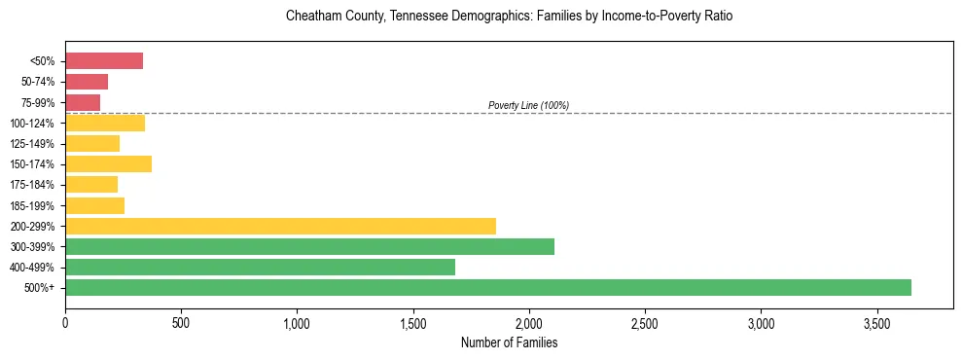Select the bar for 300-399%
coord(309,246)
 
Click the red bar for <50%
coord(104,61)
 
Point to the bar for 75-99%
coord(83,102)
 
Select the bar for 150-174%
coord(108,163)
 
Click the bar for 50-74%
coord(87,82)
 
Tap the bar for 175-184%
coord(91,184)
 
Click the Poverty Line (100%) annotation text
coord(528,105)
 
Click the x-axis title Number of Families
coord(509,342)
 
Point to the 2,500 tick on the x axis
coord(645,322)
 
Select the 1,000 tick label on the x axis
coord(297,322)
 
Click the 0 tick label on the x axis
coord(65,322)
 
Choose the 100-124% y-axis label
coord(32,124)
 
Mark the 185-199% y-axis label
coord(32,205)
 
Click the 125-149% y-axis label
coord(32,144)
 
